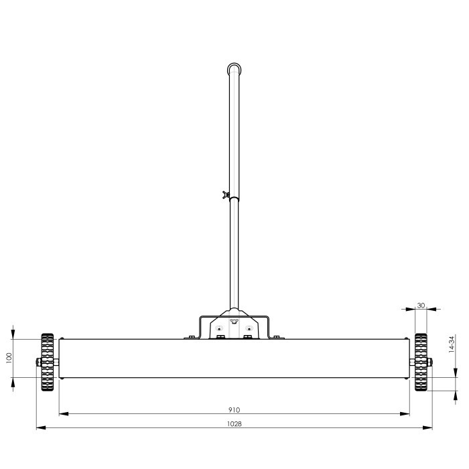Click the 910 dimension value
tap(234, 409)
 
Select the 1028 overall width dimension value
tap(234, 423)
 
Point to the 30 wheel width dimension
tap(421, 305)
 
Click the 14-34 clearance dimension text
tap(452, 344)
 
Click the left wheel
tap(46, 362)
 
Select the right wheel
tap(421, 362)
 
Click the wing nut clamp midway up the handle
tap(227, 196)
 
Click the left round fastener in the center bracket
tap(219, 329)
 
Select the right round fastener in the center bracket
tap(249, 329)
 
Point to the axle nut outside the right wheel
tap(431, 362)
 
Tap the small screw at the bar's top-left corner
tap(62, 338)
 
